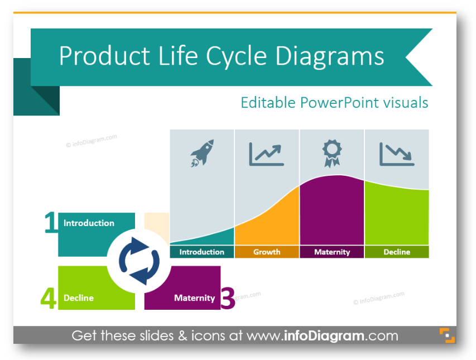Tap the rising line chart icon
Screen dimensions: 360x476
click(267, 154)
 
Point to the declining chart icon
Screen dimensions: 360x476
click(397, 154)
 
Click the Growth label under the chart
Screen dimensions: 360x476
click(267, 252)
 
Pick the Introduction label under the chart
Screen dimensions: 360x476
click(201, 252)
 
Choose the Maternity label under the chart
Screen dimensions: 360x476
click(332, 252)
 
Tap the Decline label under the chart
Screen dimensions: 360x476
click(397, 252)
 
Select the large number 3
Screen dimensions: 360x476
click(228, 298)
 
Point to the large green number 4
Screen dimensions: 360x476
click(49, 298)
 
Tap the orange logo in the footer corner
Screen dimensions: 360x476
click(446, 335)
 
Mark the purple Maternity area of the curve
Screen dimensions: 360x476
click(332, 212)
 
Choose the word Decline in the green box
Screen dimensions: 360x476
click(79, 298)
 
